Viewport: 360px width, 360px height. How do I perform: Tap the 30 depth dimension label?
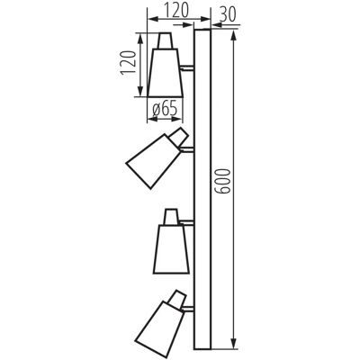click(x=228, y=14)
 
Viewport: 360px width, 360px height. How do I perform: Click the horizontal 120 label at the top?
click(x=175, y=10)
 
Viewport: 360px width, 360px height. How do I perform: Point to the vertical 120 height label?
click(x=128, y=62)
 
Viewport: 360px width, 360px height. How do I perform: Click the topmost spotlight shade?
click(x=166, y=73)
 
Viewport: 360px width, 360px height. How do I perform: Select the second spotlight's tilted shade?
click(x=152, y=161)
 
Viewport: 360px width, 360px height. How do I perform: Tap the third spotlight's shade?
click(x=172, y=249)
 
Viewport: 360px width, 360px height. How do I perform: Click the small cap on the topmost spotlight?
click(x=166, y=40)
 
